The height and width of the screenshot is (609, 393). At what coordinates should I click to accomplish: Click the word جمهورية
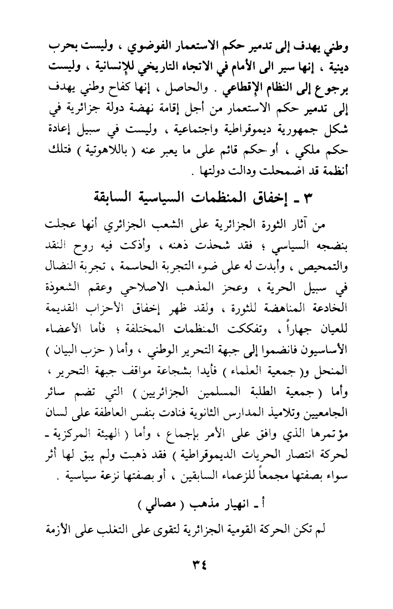pyautogui.click(x=296, y=132)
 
